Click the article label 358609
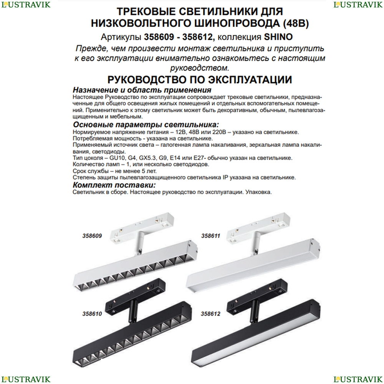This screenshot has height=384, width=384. [x=92, y=236]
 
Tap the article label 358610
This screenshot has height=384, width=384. [x=92, y=314]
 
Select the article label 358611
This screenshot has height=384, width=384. [x=210, y=236]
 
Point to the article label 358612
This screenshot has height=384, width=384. [x=210, y=314]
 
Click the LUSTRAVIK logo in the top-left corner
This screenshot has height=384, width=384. [x=26, y=5]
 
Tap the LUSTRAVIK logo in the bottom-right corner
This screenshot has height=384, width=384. [x=358, y=379]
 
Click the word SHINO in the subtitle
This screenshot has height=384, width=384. [x=278, y=37]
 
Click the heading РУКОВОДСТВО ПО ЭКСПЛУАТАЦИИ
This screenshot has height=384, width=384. [x=200, y=80]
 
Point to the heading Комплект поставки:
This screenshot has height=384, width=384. [x=114, y=185]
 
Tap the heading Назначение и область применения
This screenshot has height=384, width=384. [x=142, y=90]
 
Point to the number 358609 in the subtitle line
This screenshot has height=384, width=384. [x=159, y=37]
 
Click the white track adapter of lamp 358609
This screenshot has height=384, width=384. [x=142, y=228]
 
